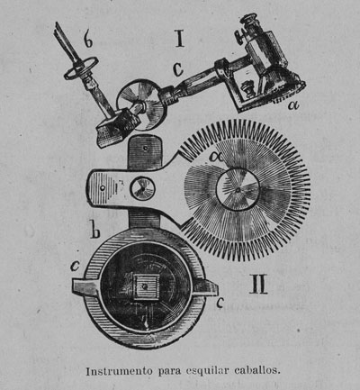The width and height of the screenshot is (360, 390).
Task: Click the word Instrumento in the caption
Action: [119, 371]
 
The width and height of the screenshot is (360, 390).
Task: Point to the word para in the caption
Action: [169, 372]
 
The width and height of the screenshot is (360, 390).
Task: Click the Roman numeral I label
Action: [180, 39]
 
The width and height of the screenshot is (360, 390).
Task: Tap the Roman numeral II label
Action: [258, 284]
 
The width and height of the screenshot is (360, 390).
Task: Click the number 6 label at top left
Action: [88, 40]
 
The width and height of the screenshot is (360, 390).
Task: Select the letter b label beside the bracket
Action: [95, 230]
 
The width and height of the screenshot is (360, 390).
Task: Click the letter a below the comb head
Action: [294, 104]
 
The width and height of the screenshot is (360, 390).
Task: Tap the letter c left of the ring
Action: [75, 265]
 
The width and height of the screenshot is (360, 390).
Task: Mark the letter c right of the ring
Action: [220, 304]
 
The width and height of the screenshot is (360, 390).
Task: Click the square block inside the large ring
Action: [146, 286]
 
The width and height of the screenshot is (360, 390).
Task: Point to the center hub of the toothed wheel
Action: [238, 189]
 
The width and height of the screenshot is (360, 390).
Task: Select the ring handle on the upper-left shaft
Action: [81, 68]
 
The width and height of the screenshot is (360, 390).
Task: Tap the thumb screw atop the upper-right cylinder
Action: [240, 37]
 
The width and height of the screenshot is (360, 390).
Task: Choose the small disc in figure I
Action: [140, 104]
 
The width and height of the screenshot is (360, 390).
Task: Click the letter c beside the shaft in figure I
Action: [178, 69]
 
